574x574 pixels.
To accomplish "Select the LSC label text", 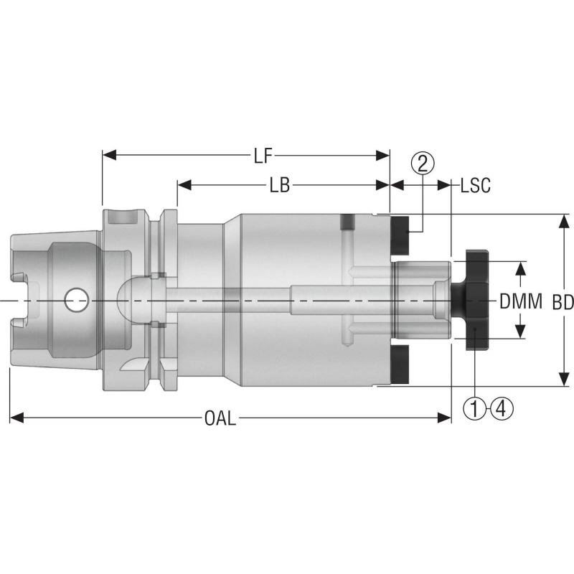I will click(x=475, y=185).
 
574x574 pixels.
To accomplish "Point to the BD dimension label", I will click(x=563, y=303).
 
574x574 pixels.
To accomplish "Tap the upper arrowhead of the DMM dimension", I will click(x=521, y=267).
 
